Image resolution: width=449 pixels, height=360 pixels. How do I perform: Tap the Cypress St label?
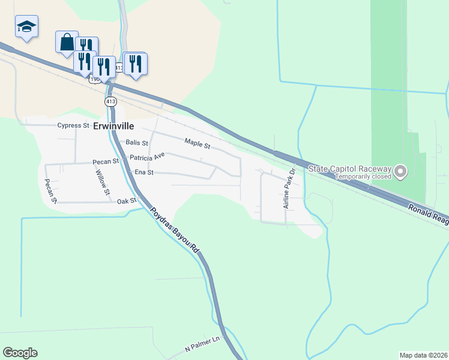[x=73, y=126]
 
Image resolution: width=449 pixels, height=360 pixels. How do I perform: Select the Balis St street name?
[x=137, y=143]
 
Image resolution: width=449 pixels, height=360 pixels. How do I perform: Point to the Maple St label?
[x=197, y=145]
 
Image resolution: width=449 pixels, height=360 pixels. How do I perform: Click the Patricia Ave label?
[x=147, y=157]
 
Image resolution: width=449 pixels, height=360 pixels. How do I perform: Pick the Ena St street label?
[x=144, y=172]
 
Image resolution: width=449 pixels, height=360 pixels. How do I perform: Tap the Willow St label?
[x=103, y=182]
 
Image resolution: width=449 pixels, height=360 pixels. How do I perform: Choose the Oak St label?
[x=127, y=201]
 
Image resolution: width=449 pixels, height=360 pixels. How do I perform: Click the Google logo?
[x=20, y=353]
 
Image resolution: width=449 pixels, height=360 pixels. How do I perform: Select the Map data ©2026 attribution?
[x=424, y=355]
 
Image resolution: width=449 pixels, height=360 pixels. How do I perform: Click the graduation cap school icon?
[x=26, y=26]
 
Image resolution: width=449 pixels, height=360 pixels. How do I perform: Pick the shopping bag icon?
[x=67, y=43]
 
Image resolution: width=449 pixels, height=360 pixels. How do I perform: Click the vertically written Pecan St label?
[x=50, y=190]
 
